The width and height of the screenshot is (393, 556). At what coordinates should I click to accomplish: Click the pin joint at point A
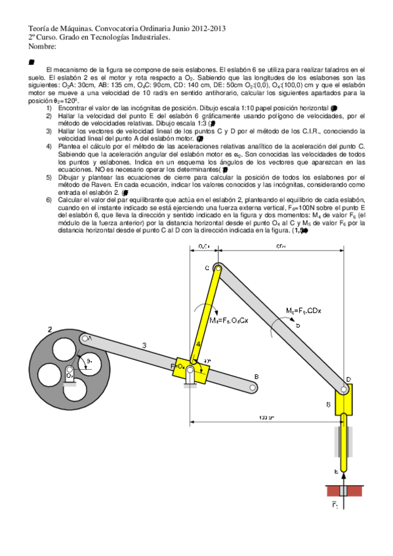[x=85, y=338]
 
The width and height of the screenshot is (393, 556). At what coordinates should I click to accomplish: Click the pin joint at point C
[x=216, y=268]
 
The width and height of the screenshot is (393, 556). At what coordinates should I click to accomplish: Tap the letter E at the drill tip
[x=336, y=470]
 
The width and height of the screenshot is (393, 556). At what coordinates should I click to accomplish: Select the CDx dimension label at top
[x=281, y=247]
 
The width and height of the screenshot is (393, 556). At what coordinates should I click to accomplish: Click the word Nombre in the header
[x=42, y=47]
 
